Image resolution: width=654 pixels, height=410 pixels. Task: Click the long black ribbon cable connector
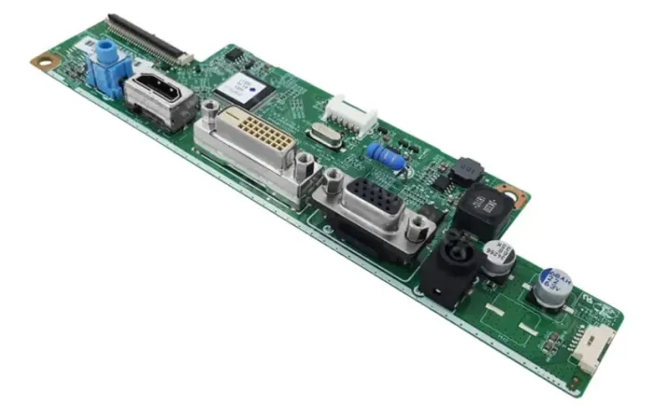146,37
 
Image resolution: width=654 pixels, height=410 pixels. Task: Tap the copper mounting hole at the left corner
42,61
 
